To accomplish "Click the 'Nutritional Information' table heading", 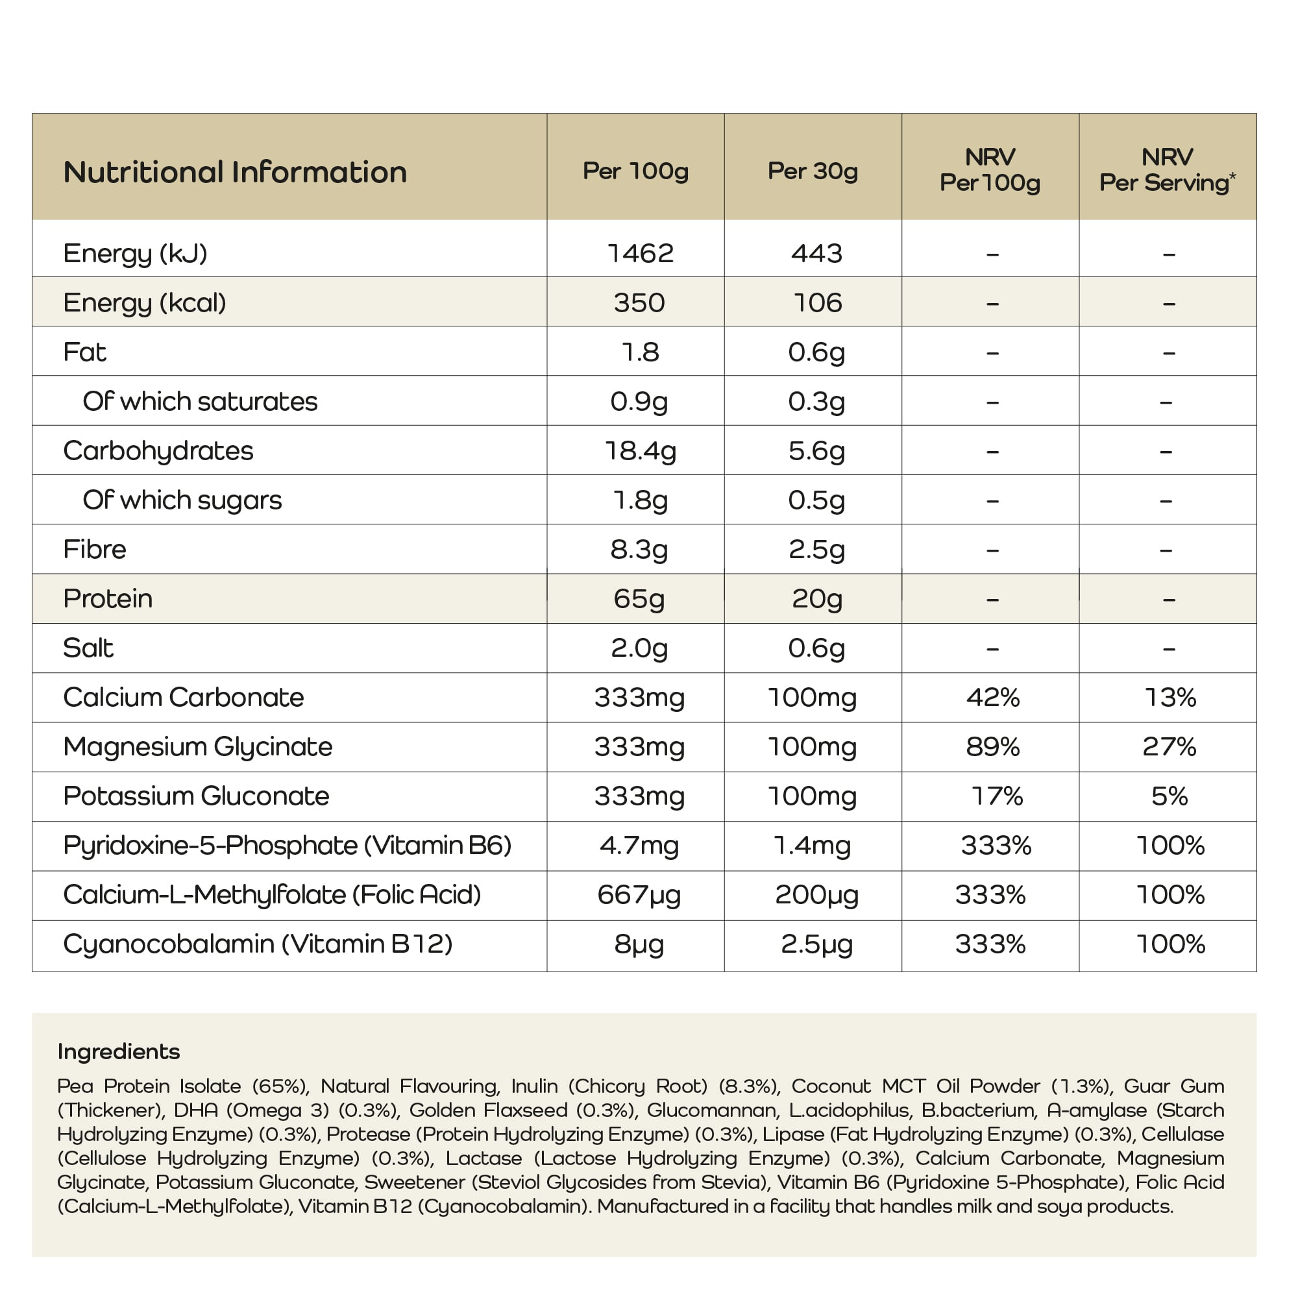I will pyautogui.click(x=234, y=172).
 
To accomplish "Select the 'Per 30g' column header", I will pyautogui.click(x=813, y=171).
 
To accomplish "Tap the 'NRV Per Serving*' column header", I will pyautogui.click(x=1167, y=170).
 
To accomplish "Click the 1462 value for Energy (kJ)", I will pyautogui.click(x=640, y=253).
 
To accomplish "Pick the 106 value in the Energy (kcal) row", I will pyautogui.click(x=817, y=303).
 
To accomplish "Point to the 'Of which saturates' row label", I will pyautogui.click(x=199, y=401).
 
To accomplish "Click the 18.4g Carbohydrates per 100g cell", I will pyautogui.click(x=640, y=451).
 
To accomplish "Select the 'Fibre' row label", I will pyautogui.click(x=94, y=550).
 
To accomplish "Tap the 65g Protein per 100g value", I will pyautogui.click(x=638, y=598).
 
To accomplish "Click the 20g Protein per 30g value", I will pyautogui.click(x=816, y=598).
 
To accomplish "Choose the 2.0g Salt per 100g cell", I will pyautogui.click(x=639, y=648).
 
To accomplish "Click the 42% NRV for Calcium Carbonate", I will pyautogui.click(x=992, y=698).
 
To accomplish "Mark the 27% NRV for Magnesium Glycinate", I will pyautogui.click(x=1169, y=746).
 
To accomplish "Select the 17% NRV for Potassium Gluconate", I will pyautogui.click(x=996, y=796).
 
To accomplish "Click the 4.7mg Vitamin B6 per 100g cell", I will pyautogui.click(x=639, y=845).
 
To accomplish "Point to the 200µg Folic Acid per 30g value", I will pyautogui.click(x=816, y=895).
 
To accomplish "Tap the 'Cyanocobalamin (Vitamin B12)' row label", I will pyautogui.click(x=257, y=944).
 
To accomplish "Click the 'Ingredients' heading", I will pyautogui.click(x=118, y=1051).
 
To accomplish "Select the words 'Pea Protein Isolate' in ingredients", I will pyautogui.click(x=149, y=1086).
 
